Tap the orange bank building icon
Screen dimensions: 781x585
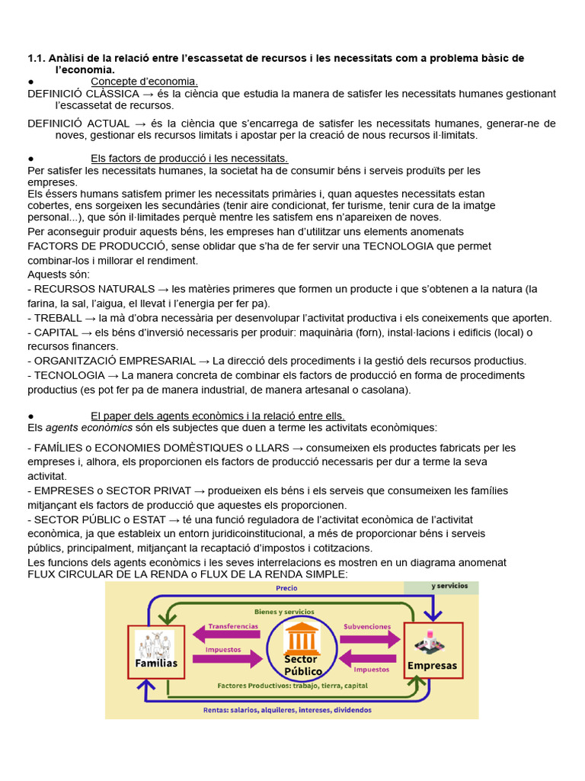coord(302,636)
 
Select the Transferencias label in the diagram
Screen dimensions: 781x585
coord(233,625)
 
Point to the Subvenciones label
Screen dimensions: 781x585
coord(368,625)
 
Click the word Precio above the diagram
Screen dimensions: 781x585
coord(286,588)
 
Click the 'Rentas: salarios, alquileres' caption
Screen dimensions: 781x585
coord(287,709)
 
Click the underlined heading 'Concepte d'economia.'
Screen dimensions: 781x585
coord(145,82)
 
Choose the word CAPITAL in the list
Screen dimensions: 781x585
coord(56,333)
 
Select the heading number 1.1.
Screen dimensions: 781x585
coord(37,59)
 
